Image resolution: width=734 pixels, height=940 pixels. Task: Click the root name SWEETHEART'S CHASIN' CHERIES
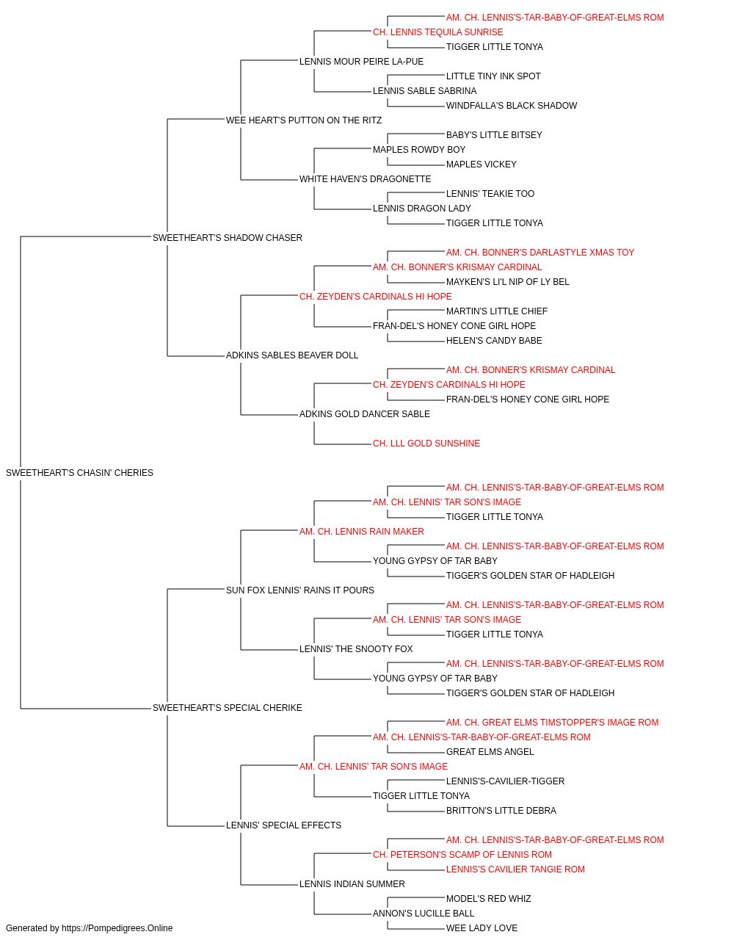79,473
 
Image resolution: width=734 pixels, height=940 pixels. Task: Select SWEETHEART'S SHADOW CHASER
228,238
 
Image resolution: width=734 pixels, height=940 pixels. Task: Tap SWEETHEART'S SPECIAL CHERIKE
228,708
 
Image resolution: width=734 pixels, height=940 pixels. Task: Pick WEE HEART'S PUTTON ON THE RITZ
304,120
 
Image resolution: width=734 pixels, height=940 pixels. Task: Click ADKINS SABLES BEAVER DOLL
292,355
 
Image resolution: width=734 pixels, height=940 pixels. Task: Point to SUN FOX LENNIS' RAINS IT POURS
300,590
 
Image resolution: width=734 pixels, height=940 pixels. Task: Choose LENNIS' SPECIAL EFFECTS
283,825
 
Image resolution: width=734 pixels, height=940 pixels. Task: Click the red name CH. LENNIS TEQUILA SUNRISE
438,32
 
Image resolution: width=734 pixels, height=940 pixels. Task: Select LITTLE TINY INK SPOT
493,76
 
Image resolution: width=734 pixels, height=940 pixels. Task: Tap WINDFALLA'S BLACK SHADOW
512,106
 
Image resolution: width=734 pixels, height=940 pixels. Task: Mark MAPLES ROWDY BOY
419,150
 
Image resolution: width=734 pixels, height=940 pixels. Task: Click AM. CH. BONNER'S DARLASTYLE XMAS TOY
540,252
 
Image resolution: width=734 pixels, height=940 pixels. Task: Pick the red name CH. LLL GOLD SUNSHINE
426,444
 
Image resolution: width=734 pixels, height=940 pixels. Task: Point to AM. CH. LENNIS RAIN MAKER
361,531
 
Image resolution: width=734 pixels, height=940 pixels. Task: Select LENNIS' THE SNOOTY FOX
356,649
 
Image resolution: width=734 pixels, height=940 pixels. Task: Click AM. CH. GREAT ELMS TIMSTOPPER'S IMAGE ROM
552,723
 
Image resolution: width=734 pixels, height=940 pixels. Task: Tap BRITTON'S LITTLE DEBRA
501,811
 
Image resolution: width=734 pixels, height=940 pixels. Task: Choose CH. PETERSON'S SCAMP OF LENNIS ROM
462,855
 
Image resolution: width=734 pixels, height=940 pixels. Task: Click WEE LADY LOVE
482,928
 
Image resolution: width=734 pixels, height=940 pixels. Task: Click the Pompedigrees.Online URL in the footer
117,928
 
